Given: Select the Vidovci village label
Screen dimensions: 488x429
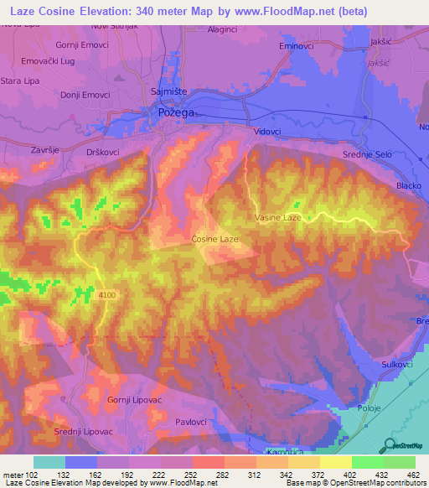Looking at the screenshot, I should coord(267,132).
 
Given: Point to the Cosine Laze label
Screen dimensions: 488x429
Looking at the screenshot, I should coord(215,239).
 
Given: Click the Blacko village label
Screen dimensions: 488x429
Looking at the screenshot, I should coord(409,186).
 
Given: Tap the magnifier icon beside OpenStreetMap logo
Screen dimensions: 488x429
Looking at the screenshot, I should coord(389,447).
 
